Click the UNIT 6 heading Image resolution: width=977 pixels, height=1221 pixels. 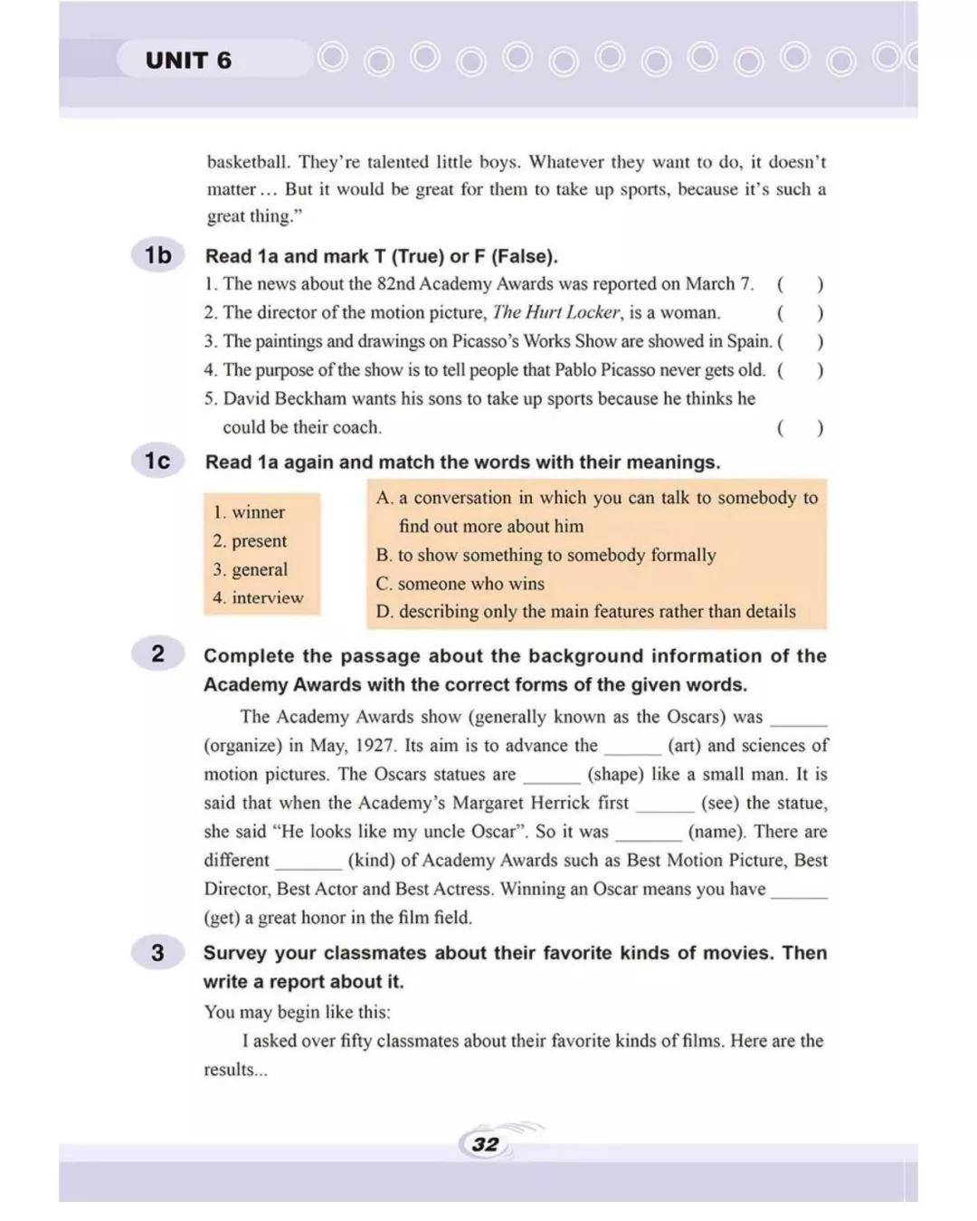coord(188,61)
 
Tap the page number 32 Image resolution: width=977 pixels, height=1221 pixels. coord(485,1144)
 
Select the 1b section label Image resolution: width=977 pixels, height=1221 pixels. coord(157,255)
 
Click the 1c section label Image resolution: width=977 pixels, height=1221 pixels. coord(157,461)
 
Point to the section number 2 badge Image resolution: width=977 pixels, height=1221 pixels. coord(157,653)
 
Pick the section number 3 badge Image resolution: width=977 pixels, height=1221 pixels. coord(157,952)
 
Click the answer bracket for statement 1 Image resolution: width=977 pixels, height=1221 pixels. coord(800,284)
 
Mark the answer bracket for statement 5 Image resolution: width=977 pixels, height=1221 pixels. coord(800,427)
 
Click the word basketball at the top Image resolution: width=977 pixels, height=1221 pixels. coord(248,163)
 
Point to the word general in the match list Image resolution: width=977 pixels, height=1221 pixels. coord(260,569)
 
